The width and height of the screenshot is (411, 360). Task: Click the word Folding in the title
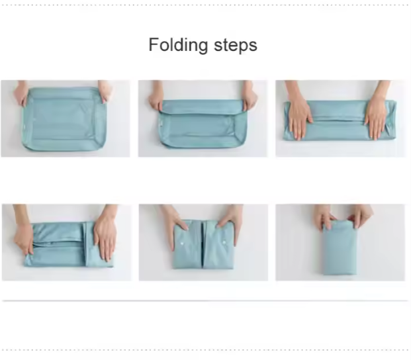tap(178, 45)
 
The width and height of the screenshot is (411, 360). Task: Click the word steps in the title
tap(236, 46)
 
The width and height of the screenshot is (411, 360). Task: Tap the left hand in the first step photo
tap(21, 93)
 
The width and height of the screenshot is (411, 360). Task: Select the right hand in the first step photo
tap(104, 91)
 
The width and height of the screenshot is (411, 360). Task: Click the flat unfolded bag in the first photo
tap(64, 119)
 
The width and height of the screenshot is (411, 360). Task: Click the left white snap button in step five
tap(181, 244)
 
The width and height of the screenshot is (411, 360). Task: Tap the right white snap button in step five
tap(224, 243)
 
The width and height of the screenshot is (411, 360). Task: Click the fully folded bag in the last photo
tap(340, 247)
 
